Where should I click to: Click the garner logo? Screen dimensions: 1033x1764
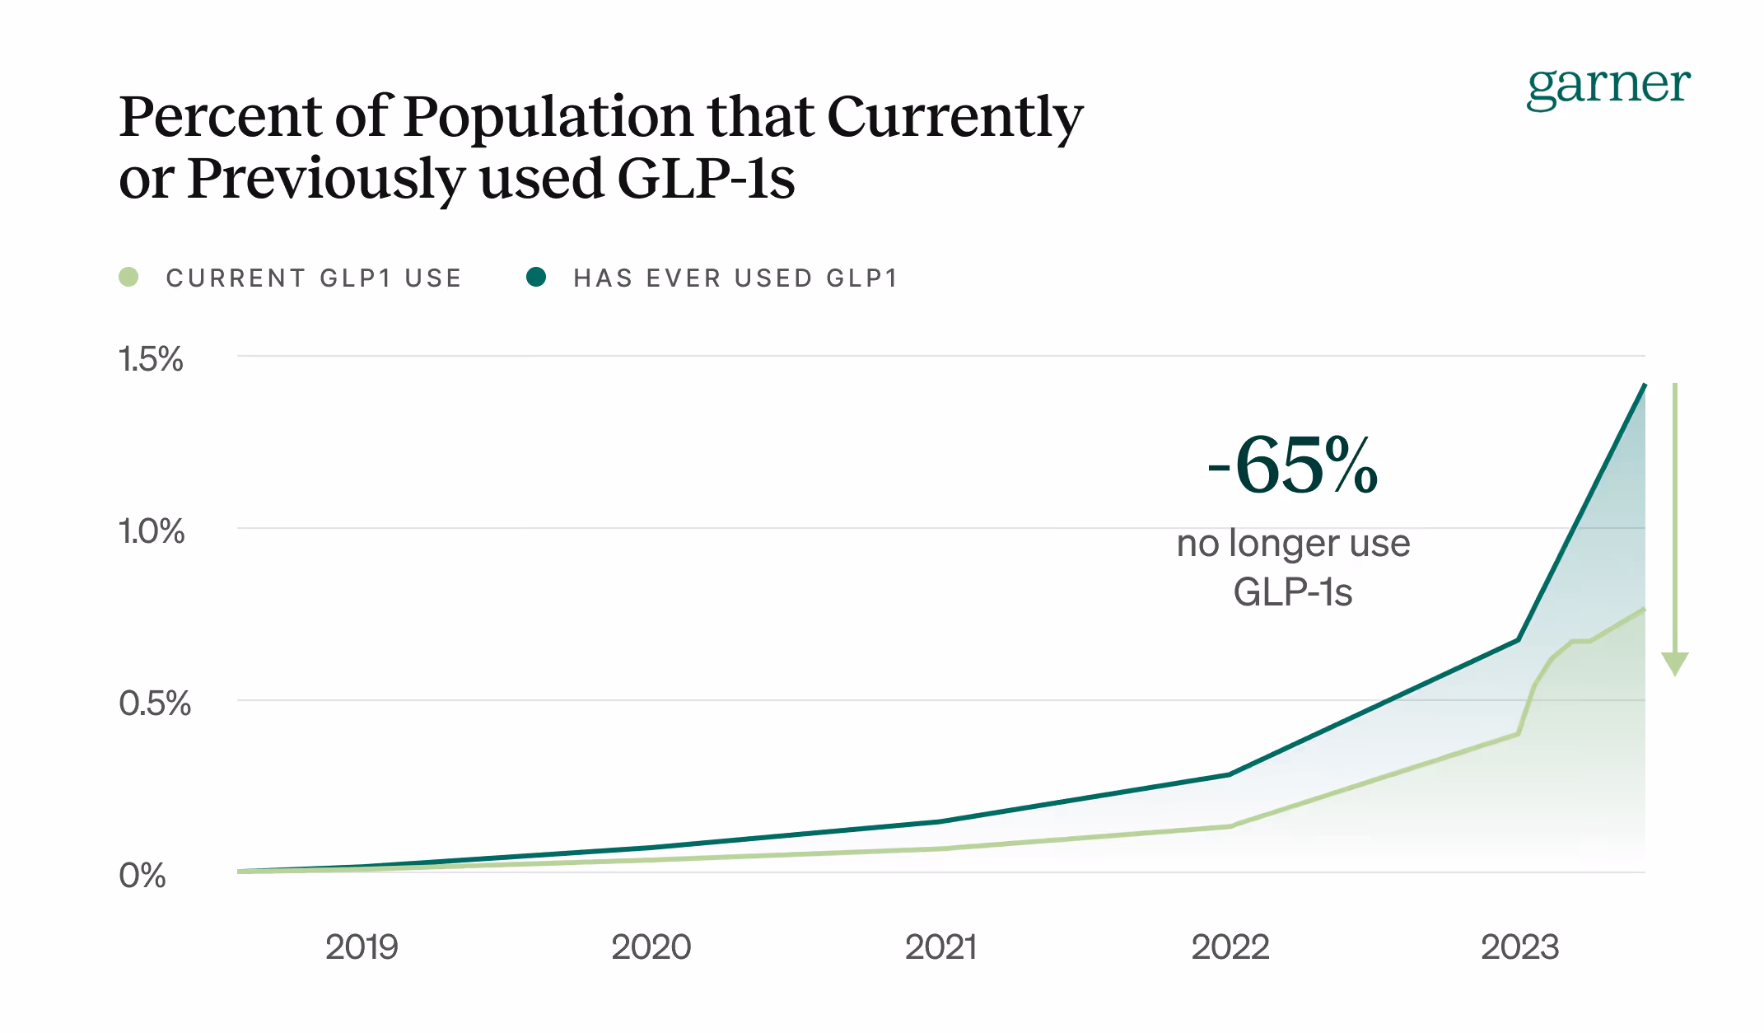(x=1608, y=86)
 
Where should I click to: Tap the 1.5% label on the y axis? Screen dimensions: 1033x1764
(x=151, y=359)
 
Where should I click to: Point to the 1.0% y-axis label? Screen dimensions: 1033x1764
(x=152, y=531)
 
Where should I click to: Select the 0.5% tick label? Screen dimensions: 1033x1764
(x=155, y=703)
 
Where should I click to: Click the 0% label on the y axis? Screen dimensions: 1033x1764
(x=142, y=875)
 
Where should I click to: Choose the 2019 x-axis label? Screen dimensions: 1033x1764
(x=362, y=947)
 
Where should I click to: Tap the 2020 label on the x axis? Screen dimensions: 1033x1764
(x=651, y=947)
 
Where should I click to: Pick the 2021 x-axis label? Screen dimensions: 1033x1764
(x=940, y=947)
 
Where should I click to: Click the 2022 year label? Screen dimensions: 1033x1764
(x=1230, y=947)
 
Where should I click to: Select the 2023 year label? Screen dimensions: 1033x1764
(x=1519, y=947)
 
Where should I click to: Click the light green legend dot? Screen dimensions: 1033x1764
(x=128, y=278)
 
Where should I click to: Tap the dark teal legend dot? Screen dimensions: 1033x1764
(x=536, y=278)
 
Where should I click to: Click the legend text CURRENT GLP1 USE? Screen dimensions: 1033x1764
(x=314, y=278)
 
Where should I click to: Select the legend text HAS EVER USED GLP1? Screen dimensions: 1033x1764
(x=735, y=278)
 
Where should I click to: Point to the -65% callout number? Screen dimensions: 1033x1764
(x=1293, y=465)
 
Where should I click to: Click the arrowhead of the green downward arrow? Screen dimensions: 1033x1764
(x=1675, y=662)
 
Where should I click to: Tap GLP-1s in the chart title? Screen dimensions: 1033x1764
(x=706, y=179)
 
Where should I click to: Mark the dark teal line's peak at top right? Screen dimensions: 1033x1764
(x=1644, y=386)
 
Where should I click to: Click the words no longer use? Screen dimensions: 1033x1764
(x=1293, y=544)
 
